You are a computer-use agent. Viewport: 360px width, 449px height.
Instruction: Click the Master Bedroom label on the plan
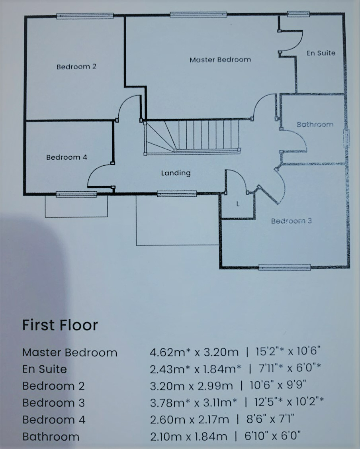click(x=220, y=60)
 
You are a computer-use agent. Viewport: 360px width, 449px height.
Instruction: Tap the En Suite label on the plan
click(x=321, y=53)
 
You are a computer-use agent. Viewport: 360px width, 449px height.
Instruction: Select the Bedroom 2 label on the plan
click(x=76, y=67)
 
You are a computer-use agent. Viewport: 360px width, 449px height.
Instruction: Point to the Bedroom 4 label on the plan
click(x=67, y=157)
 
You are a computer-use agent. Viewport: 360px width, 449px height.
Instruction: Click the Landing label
click(x=176, y=173)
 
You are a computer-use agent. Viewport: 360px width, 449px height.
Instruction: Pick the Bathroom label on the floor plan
click(x=315, y=125)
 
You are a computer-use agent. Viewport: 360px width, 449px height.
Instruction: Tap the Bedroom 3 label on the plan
click(x=291, y=221)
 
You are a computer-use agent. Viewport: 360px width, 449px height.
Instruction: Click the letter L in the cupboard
click(x=238, y=204)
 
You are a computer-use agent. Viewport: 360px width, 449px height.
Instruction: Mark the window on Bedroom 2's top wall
click(x=85, y=16)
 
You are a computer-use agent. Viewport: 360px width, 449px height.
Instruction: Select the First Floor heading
click(x=60, y=325)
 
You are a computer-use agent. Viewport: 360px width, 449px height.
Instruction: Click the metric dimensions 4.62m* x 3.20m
click(x=194, y=352)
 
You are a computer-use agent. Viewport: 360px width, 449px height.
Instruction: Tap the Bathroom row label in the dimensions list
click(x=51, y=437)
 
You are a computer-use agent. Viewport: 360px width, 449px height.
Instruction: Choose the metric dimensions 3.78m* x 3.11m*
click(x=194, y=403)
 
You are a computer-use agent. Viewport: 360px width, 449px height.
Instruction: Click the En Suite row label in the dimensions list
click(x=44, y=369)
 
